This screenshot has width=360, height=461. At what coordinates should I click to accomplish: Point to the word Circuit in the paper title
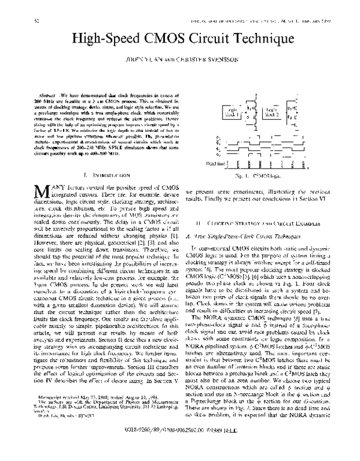[x=210, y=41]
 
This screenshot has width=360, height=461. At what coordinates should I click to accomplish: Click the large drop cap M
[x=41, y=193]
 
